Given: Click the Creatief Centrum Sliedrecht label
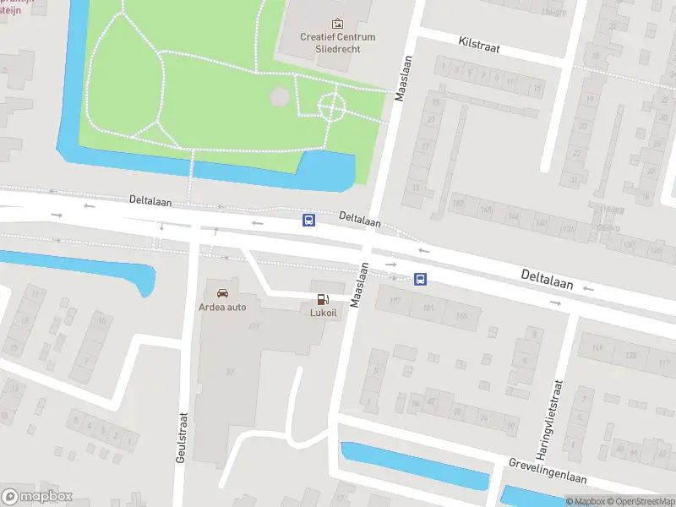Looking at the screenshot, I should click(338, 42).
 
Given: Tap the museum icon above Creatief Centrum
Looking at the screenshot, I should click(338, 24).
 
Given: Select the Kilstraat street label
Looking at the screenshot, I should click(479, 44).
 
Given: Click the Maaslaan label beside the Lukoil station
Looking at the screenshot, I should click(360, 284).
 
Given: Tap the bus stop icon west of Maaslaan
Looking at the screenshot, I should click(309, 221).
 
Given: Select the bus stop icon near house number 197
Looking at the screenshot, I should click(420, 279).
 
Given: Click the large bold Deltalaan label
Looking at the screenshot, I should click(547, 280).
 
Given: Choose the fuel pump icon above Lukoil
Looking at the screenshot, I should click(322, 298).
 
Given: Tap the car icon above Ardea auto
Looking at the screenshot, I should click(222, 292).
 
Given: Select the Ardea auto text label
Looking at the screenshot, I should click(222, 307).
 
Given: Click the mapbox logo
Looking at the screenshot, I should click(37, 497).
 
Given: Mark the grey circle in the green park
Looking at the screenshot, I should click(279, 98).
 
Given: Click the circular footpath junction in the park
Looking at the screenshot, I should click(330, 106).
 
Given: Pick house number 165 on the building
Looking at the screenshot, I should click(461, 316).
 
